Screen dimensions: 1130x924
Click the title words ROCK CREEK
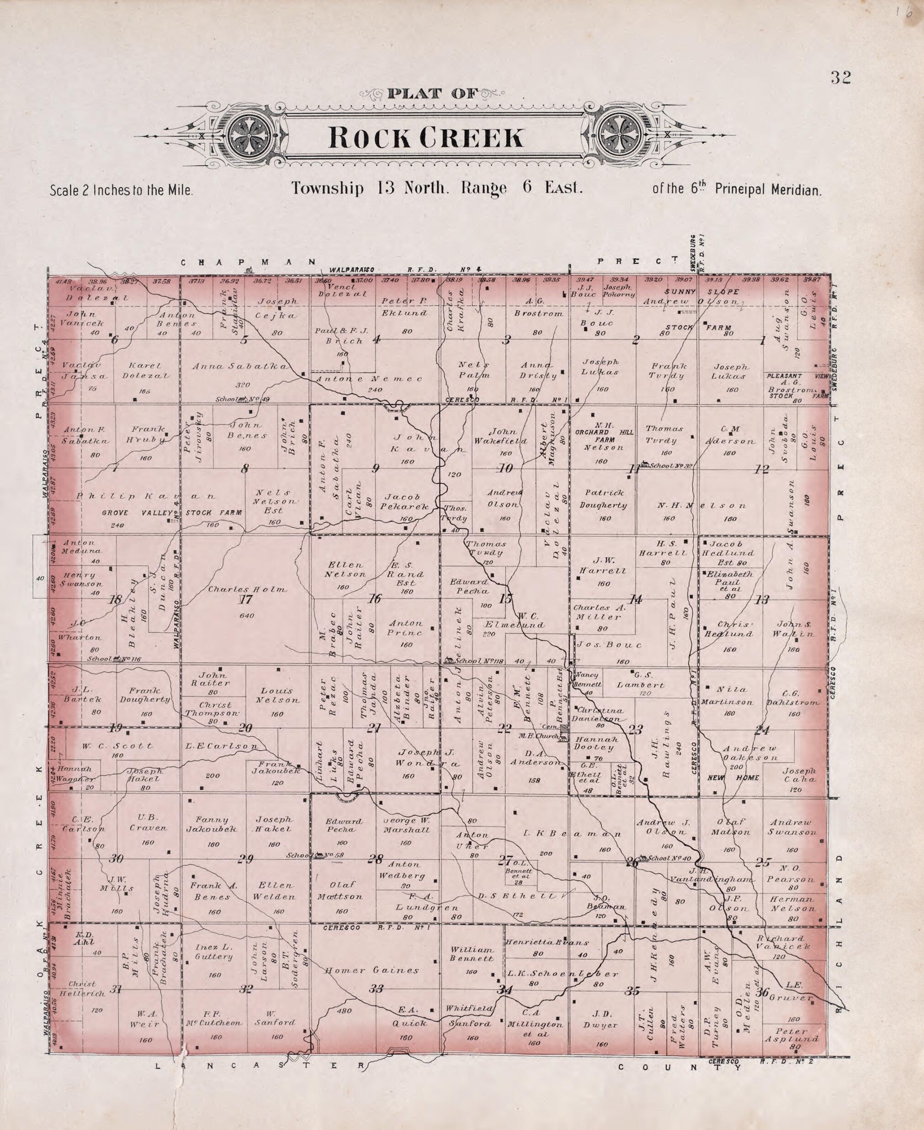[426, 138]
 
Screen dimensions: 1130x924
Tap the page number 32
[840, 78]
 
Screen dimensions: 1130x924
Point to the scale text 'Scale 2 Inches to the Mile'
[121, 190]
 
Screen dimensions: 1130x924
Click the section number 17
[245, 600]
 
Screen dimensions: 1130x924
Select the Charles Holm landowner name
[248, 589]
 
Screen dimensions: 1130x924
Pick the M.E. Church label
[539, 736]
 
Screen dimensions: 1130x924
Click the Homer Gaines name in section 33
[379, 970]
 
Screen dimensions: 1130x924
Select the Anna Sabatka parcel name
[240, 366]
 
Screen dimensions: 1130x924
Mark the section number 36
[762, 991]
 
